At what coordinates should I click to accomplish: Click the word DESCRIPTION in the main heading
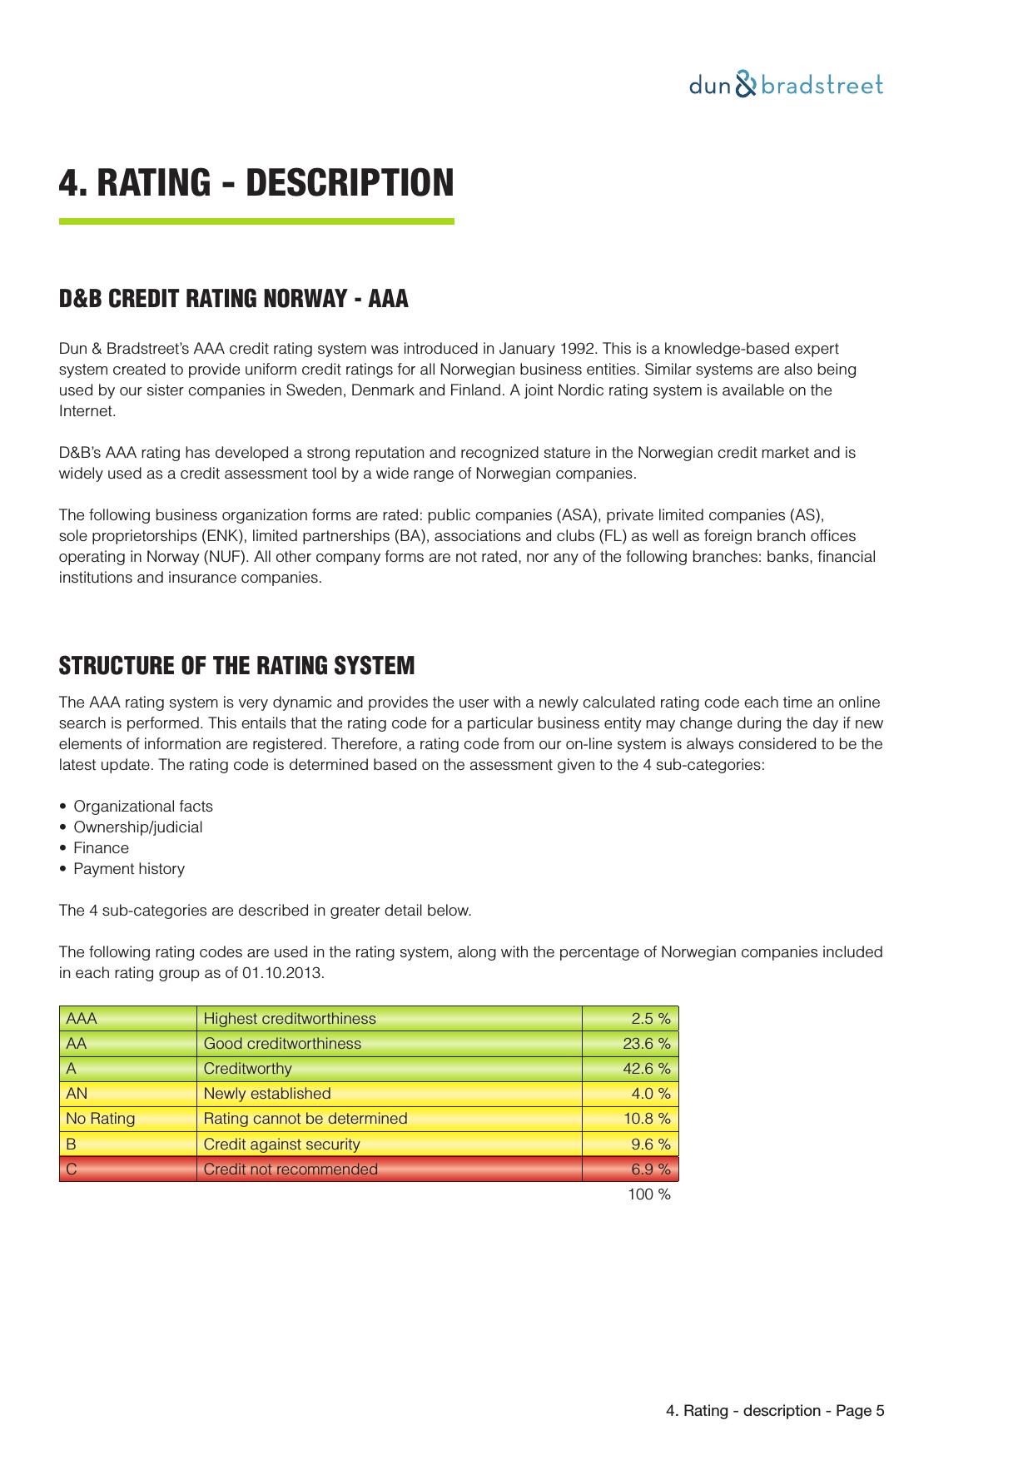350,183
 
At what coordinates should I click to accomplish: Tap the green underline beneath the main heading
256,221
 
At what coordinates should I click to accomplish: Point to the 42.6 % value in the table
646,1069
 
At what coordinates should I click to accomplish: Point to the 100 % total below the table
648,1195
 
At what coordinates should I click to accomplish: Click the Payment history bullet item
129,869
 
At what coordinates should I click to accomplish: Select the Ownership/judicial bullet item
138,827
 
